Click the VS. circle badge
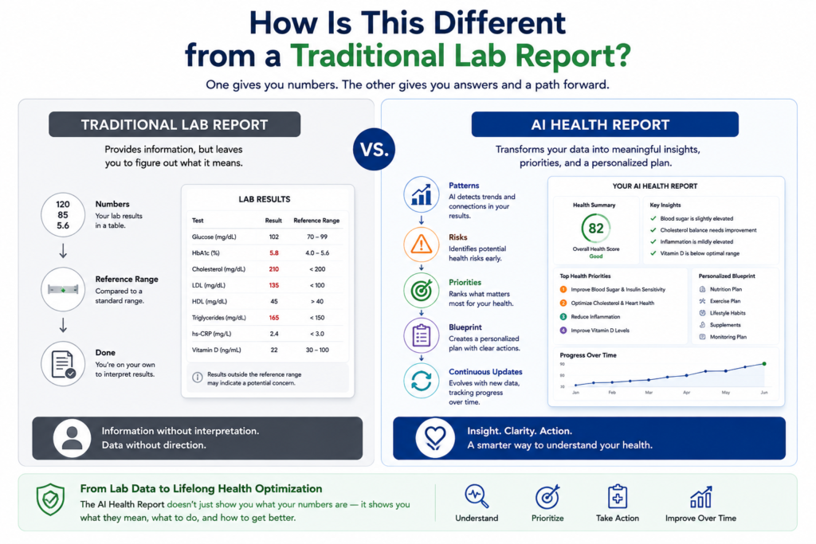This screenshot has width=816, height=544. coord(374,149)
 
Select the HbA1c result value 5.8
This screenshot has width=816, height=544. coord(274,252)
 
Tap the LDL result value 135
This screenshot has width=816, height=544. coord(274,285)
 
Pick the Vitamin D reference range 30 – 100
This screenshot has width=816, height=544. coord(317,350)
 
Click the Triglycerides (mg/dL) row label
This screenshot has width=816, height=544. coord(218,318)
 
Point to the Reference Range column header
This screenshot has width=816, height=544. coord(316,221)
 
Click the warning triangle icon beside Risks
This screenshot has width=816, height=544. coord(421,244)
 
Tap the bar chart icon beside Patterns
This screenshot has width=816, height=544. coord(421,195)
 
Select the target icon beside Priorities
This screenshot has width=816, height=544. coord(421,290)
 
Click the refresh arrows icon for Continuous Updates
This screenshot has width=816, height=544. coord(421,381)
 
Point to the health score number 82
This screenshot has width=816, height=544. coord(596,229)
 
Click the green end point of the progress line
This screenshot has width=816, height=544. coord(764,364)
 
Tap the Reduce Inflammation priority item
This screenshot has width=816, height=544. coord(590,317)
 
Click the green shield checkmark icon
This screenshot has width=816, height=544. coord(50,499)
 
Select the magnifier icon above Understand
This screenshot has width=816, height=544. coord(477,497)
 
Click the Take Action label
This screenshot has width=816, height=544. coord(618,519)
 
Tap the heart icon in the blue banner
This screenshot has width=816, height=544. coord(435,438)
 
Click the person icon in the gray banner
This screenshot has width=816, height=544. coord(72,438)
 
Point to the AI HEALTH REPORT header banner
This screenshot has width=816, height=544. coord(605,124)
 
